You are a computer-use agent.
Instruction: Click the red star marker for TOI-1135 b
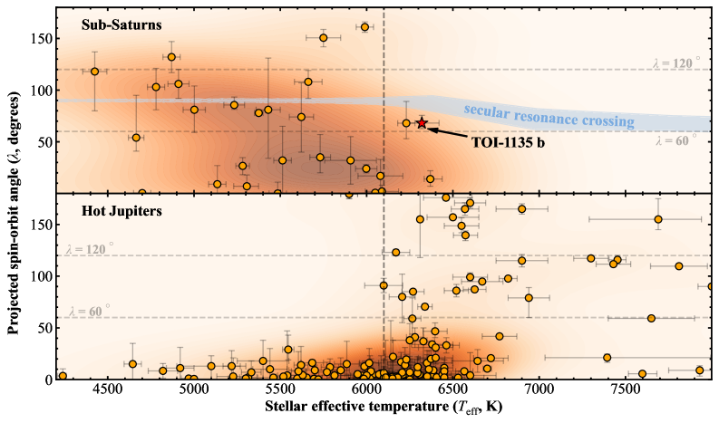(421, 122)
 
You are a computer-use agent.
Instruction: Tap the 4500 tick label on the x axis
(107, 390)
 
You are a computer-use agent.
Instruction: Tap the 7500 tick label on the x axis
(627, 390)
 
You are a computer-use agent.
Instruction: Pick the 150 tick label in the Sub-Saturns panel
(41, 39)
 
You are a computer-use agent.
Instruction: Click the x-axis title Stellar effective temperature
(381, 409)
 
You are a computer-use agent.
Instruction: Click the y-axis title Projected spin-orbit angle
(15, 192)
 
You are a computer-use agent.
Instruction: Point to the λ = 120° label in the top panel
(676, 63)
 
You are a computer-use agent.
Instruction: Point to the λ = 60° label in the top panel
(676, 140)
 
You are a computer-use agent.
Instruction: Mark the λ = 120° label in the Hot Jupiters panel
(90, 246)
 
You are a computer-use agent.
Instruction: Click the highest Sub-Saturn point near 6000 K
(364, 27)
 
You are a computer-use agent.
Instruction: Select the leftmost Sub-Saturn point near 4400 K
(94, 72)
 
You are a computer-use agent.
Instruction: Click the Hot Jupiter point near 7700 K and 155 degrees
(658, 219)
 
